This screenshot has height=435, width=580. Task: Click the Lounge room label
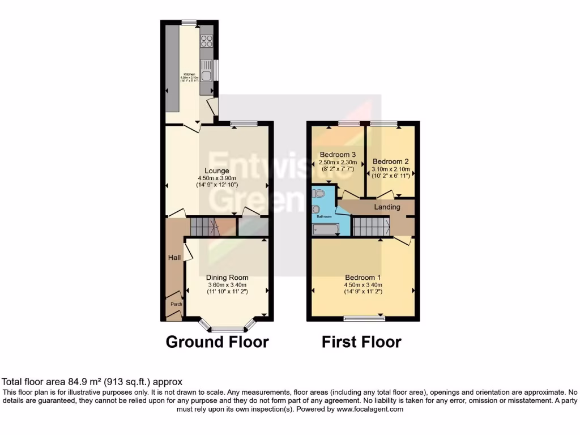coord(217,170)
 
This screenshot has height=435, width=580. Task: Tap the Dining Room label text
coord(227,278)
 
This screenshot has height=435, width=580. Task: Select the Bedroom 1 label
coord(363,278)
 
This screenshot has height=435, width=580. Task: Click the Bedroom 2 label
coord(390,161)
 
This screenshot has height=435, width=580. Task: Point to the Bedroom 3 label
coord(338,155)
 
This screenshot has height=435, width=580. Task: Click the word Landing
coord(387,207)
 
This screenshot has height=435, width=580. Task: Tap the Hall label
coord(174,258)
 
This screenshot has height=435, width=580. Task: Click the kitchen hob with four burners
coord(207,41)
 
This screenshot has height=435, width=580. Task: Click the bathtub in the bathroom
coord(326,229)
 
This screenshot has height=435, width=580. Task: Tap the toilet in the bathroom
coord(320,194)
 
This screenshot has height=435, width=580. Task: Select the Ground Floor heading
coord(217,342)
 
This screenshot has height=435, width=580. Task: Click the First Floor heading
coord(361,342)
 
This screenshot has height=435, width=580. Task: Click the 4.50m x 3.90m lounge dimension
coord(217,178)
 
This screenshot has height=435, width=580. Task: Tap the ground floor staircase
coord(204,227)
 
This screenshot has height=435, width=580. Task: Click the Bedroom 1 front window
coord(363,319)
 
